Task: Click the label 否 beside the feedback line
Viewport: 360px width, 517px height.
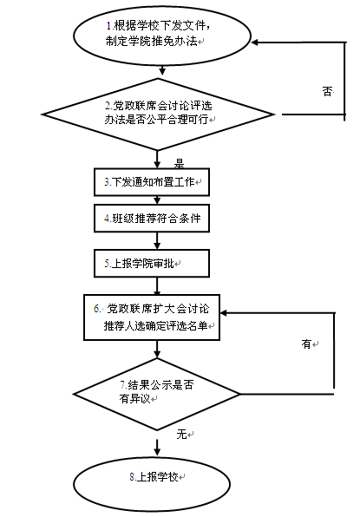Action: [x=327, y=91]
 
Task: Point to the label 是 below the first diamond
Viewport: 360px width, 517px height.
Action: [x=179, y=164]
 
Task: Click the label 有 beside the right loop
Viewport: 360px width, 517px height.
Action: [x=306, y=344]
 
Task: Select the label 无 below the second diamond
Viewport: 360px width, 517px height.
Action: [x=181, y=435]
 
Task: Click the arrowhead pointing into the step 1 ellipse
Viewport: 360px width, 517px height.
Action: [x=255, y=43]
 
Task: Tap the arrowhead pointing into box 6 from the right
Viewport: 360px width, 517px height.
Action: [x=224, y=312]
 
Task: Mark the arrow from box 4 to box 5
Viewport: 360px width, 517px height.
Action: [x=157, y=240]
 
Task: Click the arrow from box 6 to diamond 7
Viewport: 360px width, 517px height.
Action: [x=157, y=350]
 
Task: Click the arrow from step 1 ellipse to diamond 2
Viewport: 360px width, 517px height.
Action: [x=162, y=71]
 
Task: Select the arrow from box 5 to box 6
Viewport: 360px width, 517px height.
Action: [x=157, y=286]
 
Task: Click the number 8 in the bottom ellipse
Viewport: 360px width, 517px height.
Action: [x=132, y=477]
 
